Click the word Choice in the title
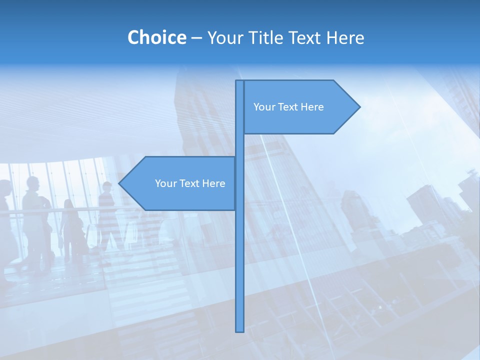click(x=156, y=37)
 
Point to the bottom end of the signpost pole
click(x=240, y=330)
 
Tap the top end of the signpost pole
click(x=240, y=81)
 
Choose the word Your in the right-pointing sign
click(x=263, y=107)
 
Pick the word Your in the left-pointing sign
click(x=165, y=183)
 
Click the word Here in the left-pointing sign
click(x=214, y=183)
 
